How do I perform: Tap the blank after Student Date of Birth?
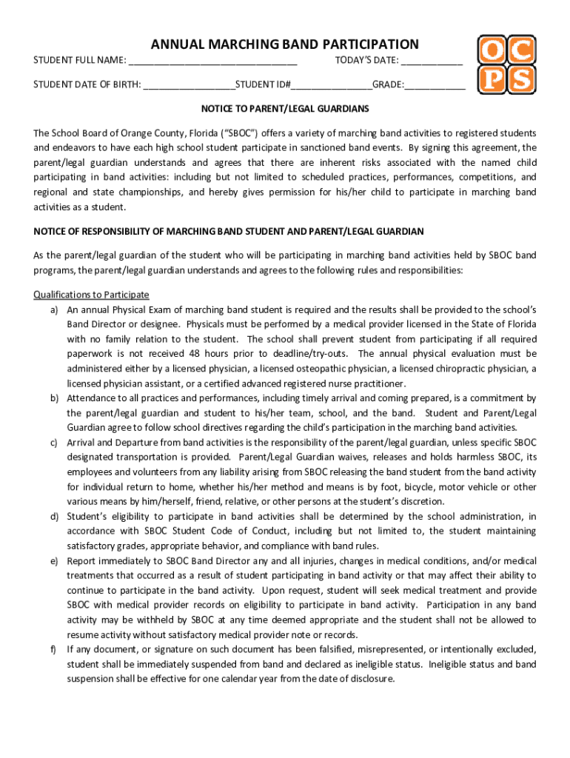[x=190, y=85]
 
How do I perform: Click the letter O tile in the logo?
[x=491, y=50]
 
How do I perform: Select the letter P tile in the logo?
[x=491, y=79]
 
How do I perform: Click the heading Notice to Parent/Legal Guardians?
[x=285, y=109]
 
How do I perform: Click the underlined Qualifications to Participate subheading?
[x=91, y=295]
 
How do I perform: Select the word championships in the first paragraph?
[x=153, y=192]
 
